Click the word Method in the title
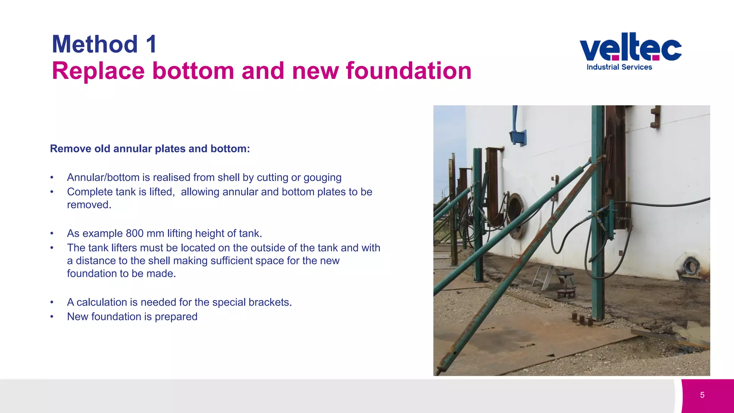pyautogui.click(x=95, y=44)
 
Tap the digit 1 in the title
pyautogui.click(x=151, y=44)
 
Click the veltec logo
pyautogui.click(x=630, y=47)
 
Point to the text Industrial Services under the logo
pyautogui.click(x=619, y=67)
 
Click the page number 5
pyautogui.click(x=702, y=395)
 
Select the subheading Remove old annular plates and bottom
pyautogui.click(x=150, y=149)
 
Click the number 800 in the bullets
pyautogui.click(x=134, y=233)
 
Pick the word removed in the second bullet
pyautogui.click(x=89, y=205)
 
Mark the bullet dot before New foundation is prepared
pyautogui.click(x=52, y=317)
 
